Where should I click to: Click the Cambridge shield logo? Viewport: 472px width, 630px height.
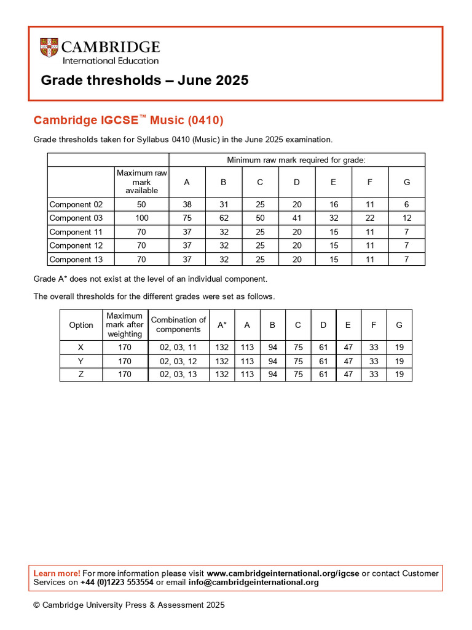[x=49, y=48]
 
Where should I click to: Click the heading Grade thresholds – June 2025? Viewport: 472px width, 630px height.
[x=144, y=81]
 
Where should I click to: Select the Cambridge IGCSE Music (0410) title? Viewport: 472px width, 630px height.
[x=128, y=119]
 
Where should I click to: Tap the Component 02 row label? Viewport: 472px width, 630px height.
[x=76, y=204]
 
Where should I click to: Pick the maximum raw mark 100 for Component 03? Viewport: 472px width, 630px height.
[x=141, y=218]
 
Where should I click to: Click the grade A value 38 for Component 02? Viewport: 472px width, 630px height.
[x=187, y=204]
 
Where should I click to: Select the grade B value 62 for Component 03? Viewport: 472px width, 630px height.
[x=224, y=218]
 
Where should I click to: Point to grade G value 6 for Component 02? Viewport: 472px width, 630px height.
[x=406, y=204]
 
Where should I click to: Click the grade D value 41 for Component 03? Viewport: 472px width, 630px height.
[x=297, y=218]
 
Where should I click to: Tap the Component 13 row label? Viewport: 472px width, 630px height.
[x=76, y=260]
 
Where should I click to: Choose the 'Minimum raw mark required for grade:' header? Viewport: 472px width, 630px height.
[x=296, y=160]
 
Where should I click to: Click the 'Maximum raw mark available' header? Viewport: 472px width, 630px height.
[x=141, y=182]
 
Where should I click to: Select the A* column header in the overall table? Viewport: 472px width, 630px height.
[x=222, y=325]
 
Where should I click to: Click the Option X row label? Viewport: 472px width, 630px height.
[x=81, y=347]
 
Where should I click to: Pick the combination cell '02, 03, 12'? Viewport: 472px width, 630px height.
[x=178, y=361]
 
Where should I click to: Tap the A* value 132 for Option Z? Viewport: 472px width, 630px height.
[x=222, y=374]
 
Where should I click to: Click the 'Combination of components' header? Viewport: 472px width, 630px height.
[x=178, y=324]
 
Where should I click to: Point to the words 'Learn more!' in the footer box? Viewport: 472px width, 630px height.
[x=57, y=573]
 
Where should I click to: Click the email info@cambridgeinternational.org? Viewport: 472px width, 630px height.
[x=253, y=582]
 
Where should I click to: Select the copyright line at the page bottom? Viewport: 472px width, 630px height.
[x=129, y=605]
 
